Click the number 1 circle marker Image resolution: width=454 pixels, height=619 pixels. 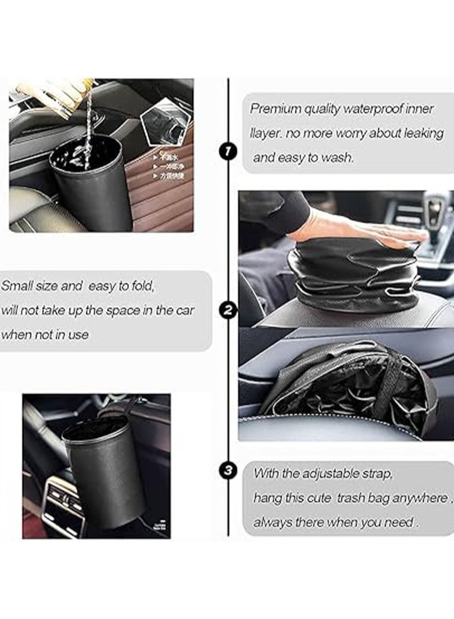(228, 151)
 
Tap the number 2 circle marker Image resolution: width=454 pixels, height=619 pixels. (228, 309)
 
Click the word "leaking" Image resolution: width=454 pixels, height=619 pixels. (420, 134)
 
